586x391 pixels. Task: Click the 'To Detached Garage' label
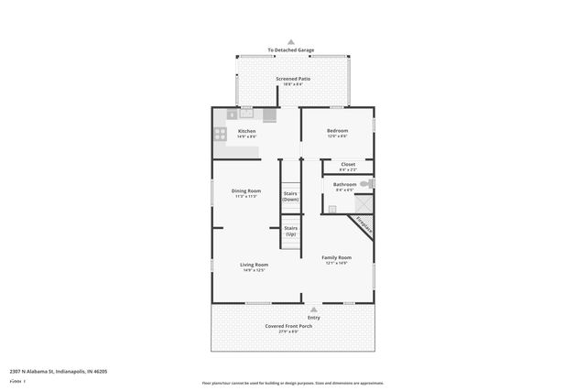[x=291, y=49]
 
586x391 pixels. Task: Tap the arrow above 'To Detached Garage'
[x=291, y=42]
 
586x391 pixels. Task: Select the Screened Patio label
[x=293, y=79]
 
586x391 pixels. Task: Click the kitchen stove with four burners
[x=220, y=133]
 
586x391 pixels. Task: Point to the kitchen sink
[x=246, y=114]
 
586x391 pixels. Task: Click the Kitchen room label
[x=247, y=131]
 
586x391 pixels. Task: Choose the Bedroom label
[x=338, y=130]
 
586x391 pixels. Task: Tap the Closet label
[x=348, y=164]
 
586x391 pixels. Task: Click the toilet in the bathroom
[x=365, y=184]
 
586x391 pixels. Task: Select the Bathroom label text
[x=345, y=184]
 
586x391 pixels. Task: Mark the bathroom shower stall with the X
[x=332, y=208]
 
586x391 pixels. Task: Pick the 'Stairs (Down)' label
[x=290, y=196]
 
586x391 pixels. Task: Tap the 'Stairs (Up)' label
[x=290, y=231]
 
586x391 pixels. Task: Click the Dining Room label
[x=246, y=190]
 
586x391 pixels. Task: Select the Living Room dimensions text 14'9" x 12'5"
[x=254, y=270]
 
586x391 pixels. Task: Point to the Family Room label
[x=337, y=257]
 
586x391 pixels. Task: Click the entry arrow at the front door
[x=314, y=310]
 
